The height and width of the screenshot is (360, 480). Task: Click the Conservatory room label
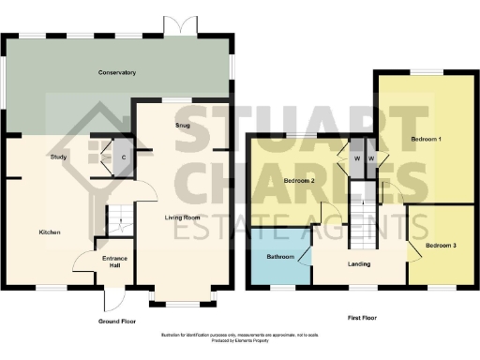coord(118,72)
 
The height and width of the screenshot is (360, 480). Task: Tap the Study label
coord(57,158)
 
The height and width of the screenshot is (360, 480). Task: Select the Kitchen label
coord(50,232)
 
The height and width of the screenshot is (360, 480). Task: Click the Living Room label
coord(184,217)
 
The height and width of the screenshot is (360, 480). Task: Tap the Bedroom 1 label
coord(426,140)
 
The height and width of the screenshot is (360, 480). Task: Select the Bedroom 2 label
coord(297,180)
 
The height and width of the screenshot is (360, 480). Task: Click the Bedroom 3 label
coord(440,246)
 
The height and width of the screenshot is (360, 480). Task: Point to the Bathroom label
coord(280,256)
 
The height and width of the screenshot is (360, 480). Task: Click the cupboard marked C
coord(125,157)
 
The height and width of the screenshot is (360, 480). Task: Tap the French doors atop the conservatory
coord(174,26)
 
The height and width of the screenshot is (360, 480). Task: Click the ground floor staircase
coord(115,221)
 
